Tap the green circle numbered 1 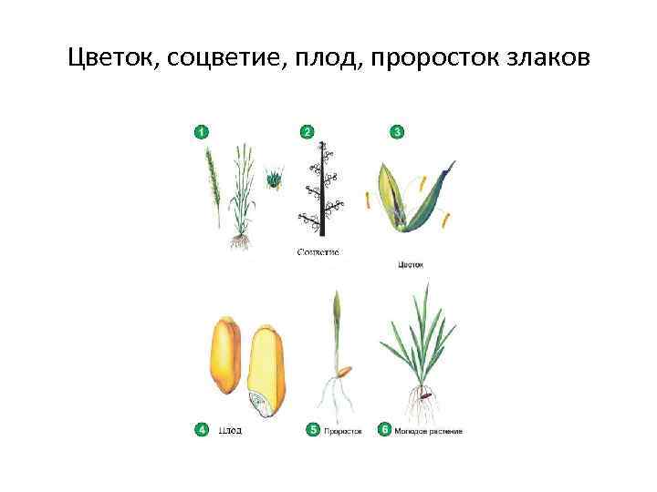[x=200, y=132]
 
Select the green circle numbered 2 [x=308, y=132]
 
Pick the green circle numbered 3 [x=397, y=132]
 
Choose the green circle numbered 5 [x=313, y=429]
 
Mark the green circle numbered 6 [x=384, y=429]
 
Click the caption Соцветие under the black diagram [x=318, y=251]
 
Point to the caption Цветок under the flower [x=411, y=265]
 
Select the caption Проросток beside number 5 [x=343, y=430]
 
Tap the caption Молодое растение [x=429, y=430]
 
